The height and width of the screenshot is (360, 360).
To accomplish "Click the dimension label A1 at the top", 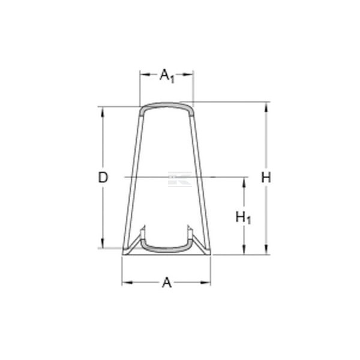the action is [x=167, y=76].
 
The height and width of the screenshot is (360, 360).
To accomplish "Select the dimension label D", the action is [x=103, y=178].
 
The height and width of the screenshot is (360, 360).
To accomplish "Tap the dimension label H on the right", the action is [x=266, y=178].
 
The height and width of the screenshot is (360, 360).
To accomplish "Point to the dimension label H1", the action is [x=244, y=218].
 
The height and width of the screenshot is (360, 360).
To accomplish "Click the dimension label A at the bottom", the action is [x=167, y=283].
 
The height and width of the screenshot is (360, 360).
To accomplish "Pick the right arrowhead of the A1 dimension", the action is [x=188, y=74].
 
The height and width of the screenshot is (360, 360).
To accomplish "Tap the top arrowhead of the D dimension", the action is [x=103, y=112].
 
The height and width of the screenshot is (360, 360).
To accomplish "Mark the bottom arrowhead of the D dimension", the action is [x=103, y=243].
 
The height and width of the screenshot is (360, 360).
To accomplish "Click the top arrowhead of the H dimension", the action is [x=266, y=107].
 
